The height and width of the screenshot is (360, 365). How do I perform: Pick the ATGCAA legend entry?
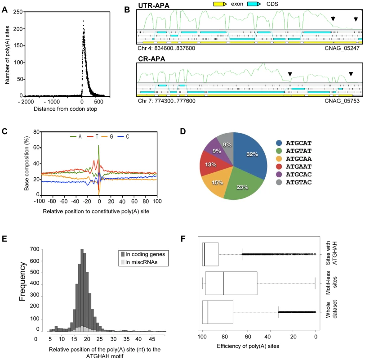[x=294, y=159]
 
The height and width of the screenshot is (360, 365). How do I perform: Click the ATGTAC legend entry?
[x=294, y=182]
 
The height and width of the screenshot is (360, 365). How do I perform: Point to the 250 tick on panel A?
[x=18, y=12]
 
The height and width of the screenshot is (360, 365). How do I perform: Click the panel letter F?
[x=183, y=238]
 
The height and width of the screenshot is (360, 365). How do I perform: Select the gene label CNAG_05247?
[x=342, y=48]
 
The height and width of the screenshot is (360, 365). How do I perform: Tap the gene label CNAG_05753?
[x=342, y=101]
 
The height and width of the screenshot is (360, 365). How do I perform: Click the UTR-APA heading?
[x=154, y=5]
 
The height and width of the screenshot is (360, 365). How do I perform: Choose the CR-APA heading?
[x=151, y=58]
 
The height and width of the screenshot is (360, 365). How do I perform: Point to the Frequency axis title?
[x=22, y=282]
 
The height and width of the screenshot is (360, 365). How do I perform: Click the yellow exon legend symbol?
[x=220, y=4]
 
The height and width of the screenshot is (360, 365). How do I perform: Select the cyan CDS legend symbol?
[x=254, y=4]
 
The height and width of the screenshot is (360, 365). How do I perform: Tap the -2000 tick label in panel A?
[x=26, y=102]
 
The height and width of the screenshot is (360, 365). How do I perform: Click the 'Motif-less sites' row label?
[x=331, y=283]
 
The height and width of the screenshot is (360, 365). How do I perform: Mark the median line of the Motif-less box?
[x=223, y=283]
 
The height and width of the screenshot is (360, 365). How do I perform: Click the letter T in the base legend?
[x=97, y=136]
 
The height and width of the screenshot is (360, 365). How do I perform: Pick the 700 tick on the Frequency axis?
[x=35, y=249]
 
